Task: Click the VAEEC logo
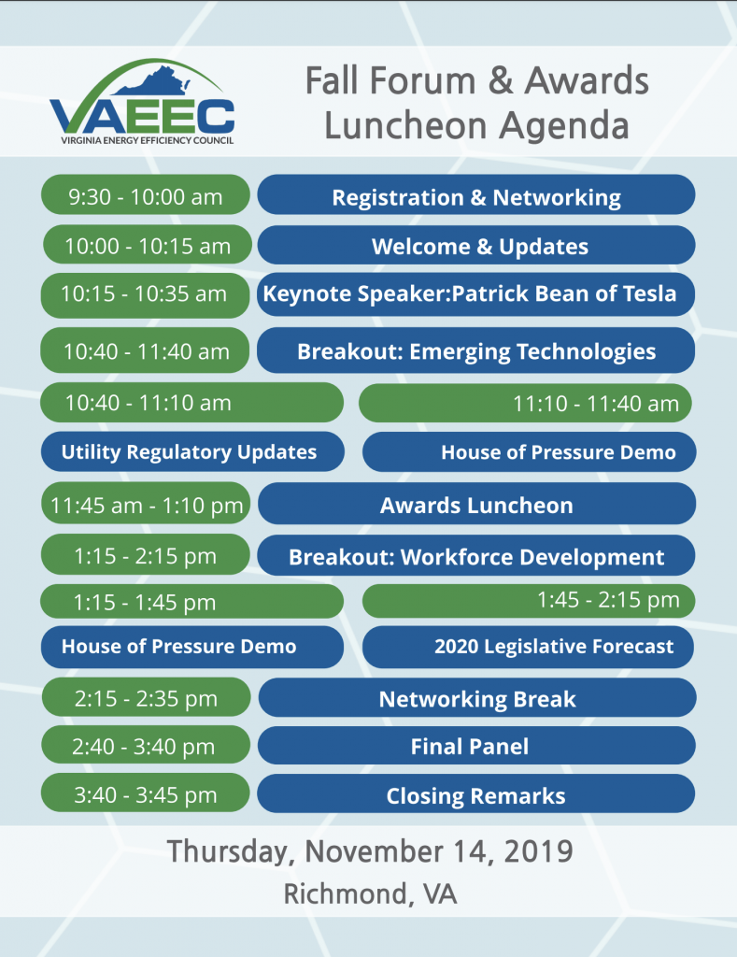142,102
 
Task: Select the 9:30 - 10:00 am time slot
145,194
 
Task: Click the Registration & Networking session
475,194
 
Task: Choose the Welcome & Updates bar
475,245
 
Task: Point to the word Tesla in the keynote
649,293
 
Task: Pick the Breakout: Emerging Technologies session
475,350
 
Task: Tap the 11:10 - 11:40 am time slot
525,403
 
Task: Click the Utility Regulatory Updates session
192,451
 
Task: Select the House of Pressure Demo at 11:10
529,451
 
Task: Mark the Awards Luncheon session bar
477,504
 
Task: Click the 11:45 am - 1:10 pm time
147,504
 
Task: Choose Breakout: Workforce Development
475,555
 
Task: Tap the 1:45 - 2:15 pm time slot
529,601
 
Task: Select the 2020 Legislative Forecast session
528,647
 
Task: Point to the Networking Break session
477,697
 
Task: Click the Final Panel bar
476,745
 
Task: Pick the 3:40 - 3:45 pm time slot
145,793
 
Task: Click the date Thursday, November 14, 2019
370,850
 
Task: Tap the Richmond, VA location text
370,894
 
